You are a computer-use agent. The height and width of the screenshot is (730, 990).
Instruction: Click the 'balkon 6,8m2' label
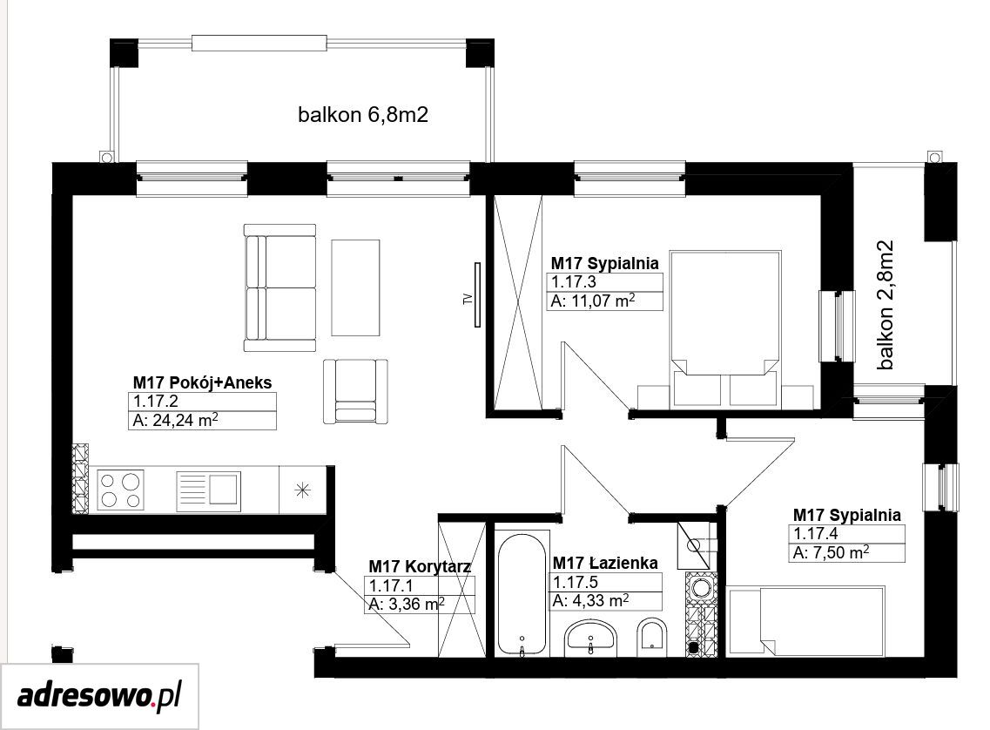[x=363, y=115]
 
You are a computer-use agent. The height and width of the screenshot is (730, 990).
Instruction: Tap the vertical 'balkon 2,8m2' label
[x=886, y=304]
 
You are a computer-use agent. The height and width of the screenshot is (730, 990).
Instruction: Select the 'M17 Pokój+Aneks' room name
[x=202, y=382]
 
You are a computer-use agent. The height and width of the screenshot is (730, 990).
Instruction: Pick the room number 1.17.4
[x=816, y=534]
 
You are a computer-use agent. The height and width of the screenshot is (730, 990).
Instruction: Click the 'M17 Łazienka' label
[x=605, y=563]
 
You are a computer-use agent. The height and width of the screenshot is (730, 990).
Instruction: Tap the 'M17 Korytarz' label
[x=420, y=566]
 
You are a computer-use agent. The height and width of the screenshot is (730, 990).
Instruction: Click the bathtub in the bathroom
[x=522, y=596]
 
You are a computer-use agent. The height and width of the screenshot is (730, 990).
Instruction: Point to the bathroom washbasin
[x=590, y=636]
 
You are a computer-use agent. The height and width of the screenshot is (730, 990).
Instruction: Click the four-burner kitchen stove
[x=120, y=490]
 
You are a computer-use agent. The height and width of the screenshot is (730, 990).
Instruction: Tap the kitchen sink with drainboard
[x=208, y=490]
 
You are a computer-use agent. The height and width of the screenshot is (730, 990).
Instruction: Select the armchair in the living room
[x=355, y=391]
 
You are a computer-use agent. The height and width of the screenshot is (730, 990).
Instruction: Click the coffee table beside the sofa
[x=355, y=287]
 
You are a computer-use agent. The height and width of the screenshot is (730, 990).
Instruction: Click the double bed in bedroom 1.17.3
[x=725, y=328]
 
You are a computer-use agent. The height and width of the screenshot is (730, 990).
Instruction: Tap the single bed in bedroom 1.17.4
[x=806, y=621]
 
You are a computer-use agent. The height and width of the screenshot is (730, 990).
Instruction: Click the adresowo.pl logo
[x=99, y=697]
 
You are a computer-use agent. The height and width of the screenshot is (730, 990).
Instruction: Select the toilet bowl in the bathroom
[x=652, y=634]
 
